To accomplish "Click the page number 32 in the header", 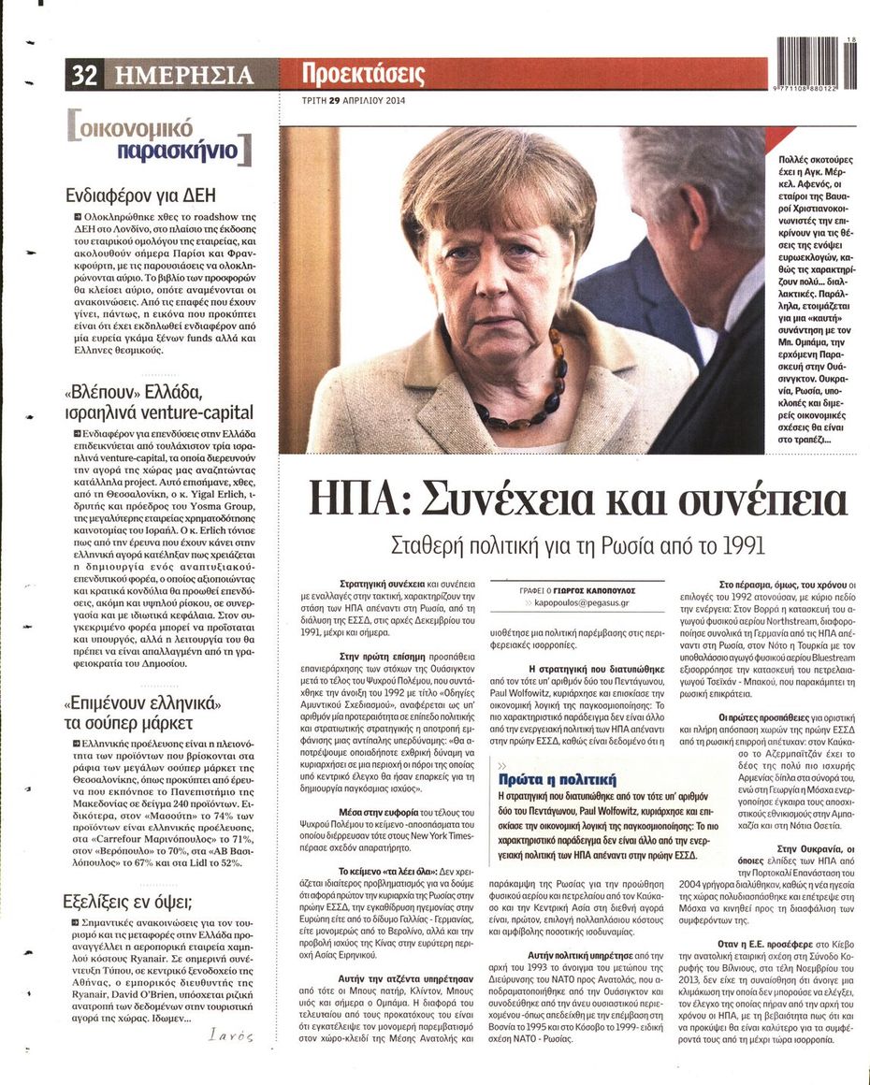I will tap(84, 75).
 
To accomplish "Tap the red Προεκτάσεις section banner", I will tap(364, 73).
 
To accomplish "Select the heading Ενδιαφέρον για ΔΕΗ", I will tap(141, 195).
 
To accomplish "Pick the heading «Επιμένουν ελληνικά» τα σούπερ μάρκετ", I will tap(142, 712).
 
